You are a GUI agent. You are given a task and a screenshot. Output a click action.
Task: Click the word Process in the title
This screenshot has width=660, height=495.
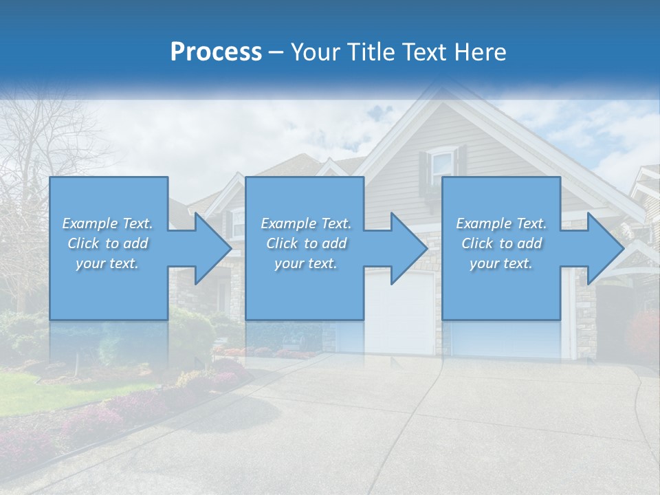(216, 52)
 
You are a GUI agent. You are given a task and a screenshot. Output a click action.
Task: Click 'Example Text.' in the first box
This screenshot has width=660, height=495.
(108, 223)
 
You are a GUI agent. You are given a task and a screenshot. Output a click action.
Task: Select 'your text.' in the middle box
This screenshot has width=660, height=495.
(306, 263)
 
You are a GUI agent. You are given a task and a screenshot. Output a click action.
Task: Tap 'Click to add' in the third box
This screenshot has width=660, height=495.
(501, 243)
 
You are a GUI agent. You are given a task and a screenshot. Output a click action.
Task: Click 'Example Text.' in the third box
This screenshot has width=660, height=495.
(501, 223)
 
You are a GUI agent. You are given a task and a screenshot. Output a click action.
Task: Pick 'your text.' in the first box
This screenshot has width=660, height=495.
(108, 263)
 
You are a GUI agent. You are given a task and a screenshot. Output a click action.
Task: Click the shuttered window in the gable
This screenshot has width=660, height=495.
(442, 164)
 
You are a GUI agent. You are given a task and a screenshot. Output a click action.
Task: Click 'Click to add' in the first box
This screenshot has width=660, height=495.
(108, 243)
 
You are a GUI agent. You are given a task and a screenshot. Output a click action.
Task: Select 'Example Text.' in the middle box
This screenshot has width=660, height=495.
(306, 223)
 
